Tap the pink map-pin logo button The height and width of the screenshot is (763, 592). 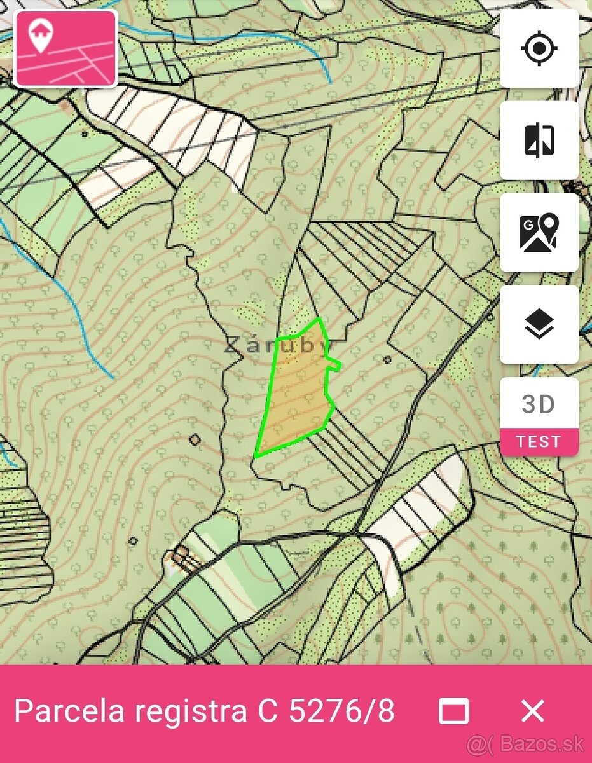click(x=65, y=48)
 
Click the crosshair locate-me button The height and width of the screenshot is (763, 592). click(x=539, y=48)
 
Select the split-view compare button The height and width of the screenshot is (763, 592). click(x=539, y=141)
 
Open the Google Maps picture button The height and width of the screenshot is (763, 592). click(x=539, y=233)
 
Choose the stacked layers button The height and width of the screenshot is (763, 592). click(x=539, y=325)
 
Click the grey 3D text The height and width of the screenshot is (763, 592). click(x=539, y=404)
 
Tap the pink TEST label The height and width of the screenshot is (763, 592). click(x=539, y=442)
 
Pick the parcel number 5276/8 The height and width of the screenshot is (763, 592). click(x=341, y=711)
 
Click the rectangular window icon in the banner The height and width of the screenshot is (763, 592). click(x=454, y=711)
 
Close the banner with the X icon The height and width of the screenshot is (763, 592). click(x=532, y=711)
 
